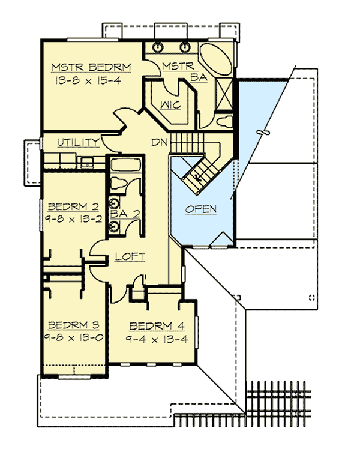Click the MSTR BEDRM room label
91,67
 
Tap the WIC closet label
171,106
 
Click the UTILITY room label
79,142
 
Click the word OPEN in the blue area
200,209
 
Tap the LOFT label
130,256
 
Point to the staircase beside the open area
198,171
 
